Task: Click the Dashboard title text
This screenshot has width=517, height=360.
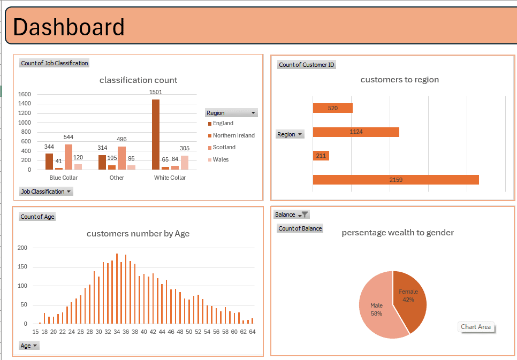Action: (69, 27)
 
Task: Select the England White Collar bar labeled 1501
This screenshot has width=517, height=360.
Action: (156, 134)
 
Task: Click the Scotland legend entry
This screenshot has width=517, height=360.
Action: (224, 148)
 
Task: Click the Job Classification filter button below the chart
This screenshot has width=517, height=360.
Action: (46, 192)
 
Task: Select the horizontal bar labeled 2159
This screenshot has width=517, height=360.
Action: (396, 180)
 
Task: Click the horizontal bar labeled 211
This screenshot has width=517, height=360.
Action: (321, 156)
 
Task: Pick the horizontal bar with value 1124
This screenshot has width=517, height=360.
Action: (356, 132)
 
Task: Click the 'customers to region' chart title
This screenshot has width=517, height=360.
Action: (399, 80)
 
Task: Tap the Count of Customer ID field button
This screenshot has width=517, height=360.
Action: (307, 65)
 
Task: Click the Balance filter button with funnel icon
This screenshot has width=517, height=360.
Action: (292, 215)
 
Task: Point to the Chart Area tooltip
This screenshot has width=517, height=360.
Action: (476, 327)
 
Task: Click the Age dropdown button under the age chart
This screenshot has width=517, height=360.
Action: (29, 346)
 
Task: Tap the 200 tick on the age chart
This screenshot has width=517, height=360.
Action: (22, 248)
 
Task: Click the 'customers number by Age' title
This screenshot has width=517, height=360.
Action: (138, 234)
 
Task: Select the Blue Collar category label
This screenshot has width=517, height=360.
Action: (63, 178)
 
